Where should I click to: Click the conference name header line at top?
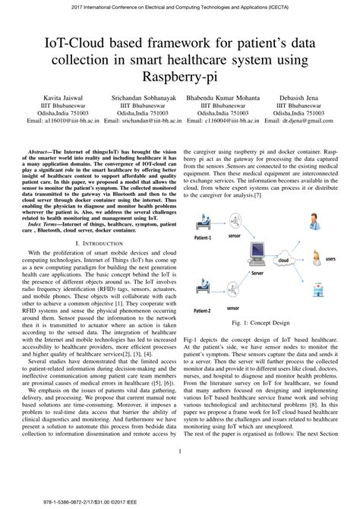click(x=179, y=7)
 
